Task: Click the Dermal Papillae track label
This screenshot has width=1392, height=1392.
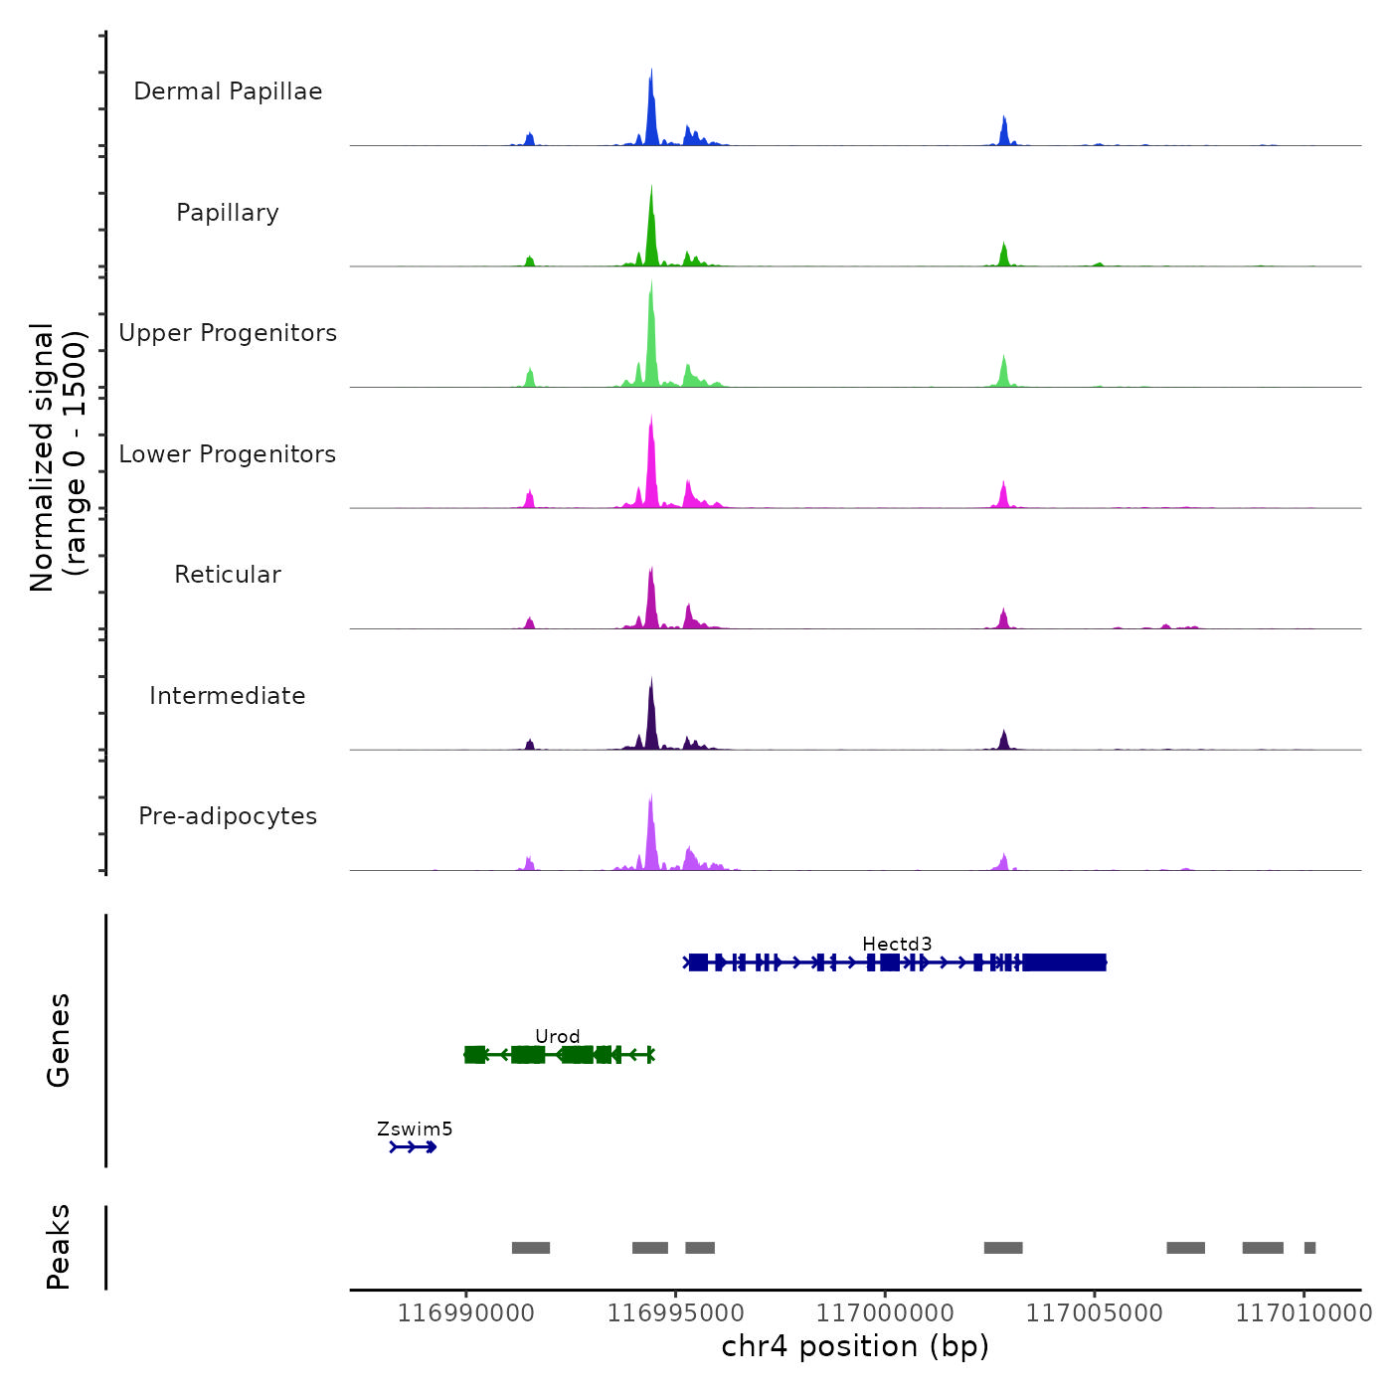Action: pos(228,91)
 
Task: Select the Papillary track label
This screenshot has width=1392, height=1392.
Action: pos(228,213)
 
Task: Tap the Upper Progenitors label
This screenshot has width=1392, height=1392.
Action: pos(228,333)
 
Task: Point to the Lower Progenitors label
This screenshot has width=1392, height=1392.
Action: pos(228,454)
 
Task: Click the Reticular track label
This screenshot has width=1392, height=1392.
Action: pos(228,575)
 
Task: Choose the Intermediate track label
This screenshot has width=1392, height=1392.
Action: pos(228,696)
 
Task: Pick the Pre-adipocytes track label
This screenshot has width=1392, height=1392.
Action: pos(228,816)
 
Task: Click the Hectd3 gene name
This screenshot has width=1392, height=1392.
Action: pos(897,944)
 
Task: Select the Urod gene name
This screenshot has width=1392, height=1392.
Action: pos(557,1036)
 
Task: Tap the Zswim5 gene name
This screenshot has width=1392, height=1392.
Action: pos(415,1129)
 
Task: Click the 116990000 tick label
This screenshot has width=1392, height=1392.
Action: pos(466,1313)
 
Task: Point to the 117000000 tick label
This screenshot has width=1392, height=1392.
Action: pos(885,1313)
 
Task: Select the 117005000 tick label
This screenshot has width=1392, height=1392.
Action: pos(1095,1313)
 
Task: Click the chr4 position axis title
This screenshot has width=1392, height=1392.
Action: pos(855,1346)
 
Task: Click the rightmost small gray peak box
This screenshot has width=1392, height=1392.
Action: pos(1309,1248)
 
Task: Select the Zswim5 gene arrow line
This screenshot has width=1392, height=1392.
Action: pos(414,1147)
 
